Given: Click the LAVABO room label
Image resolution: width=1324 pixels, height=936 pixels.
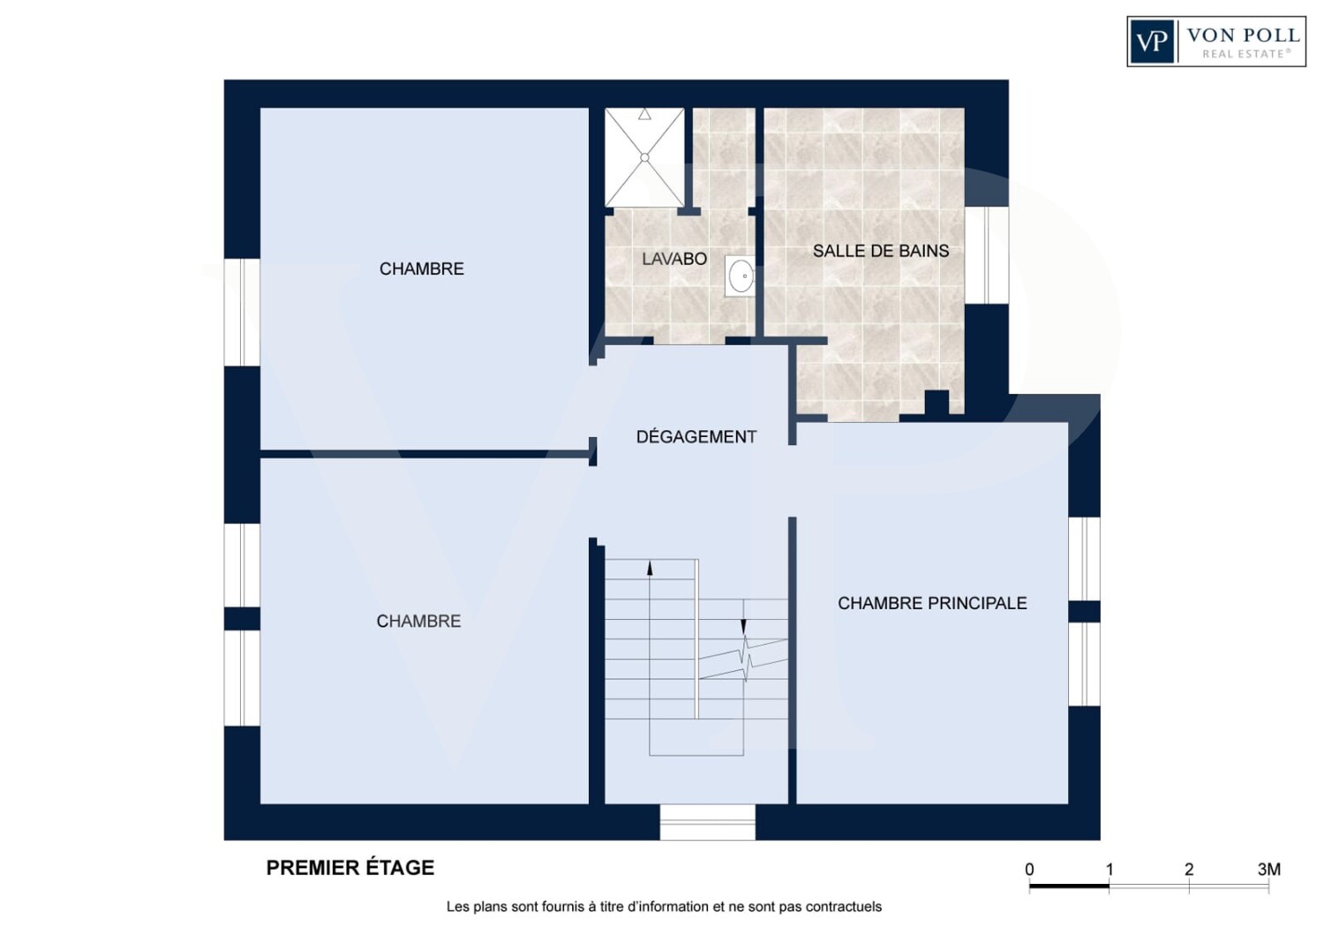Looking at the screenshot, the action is click(674, 259).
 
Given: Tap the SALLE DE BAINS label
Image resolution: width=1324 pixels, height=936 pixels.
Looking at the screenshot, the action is click(881, 251).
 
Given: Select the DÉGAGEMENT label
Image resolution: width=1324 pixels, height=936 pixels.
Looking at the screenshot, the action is click(696, 437).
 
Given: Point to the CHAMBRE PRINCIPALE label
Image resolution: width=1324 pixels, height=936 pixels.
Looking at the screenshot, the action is click(932, 603).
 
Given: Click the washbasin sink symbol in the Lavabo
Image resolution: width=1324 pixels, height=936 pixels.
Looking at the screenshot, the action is click(741, 276).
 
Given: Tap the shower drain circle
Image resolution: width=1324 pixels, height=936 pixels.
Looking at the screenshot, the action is click(644, 158).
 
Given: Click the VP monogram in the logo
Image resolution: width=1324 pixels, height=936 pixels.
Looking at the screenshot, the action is click(1151, 42).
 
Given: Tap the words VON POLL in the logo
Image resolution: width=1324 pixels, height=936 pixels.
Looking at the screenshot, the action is click(1243, 35).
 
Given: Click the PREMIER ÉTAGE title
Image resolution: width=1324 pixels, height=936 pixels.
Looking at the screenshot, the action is click(350, 868).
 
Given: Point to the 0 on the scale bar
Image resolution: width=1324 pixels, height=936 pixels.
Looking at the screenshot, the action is click(1029, 869).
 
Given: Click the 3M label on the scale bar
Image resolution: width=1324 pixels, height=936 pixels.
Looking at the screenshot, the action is click(1269, 869).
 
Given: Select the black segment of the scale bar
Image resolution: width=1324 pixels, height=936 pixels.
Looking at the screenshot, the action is click(1069, 886).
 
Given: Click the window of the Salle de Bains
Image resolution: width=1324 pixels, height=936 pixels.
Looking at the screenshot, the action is click(987, 255).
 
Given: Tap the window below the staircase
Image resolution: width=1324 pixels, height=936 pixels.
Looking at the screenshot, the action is click(708, 822).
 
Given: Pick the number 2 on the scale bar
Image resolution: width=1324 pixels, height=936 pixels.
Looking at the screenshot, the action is click(1189, 869).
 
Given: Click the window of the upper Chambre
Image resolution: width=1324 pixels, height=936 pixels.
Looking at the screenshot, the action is click(242, 313).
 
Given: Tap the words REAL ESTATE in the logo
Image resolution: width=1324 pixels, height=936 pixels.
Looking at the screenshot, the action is click(1246, 54).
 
